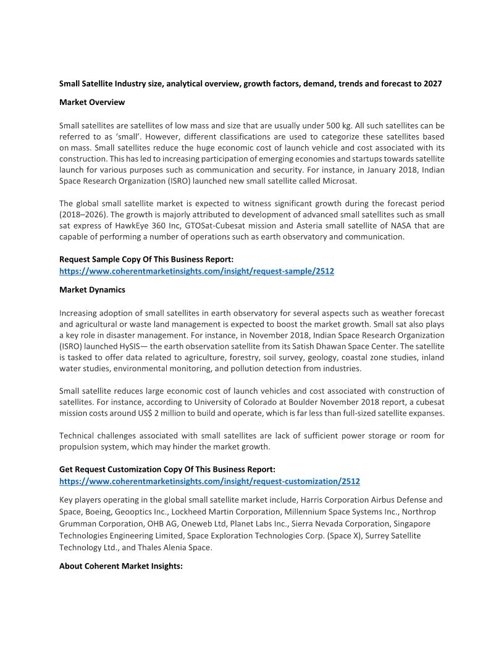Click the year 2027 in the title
pyautogui.click(x=432, y=83)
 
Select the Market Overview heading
pyautogui.click(x=92, y=102)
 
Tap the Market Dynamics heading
pyautogui.click(x=92, y=290)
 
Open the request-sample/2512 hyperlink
pyautogui.click(x=196, y=271)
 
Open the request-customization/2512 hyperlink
pyautogui.click(x=209, y=481)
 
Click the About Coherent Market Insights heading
pyautogui.click(x=121, y=565)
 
